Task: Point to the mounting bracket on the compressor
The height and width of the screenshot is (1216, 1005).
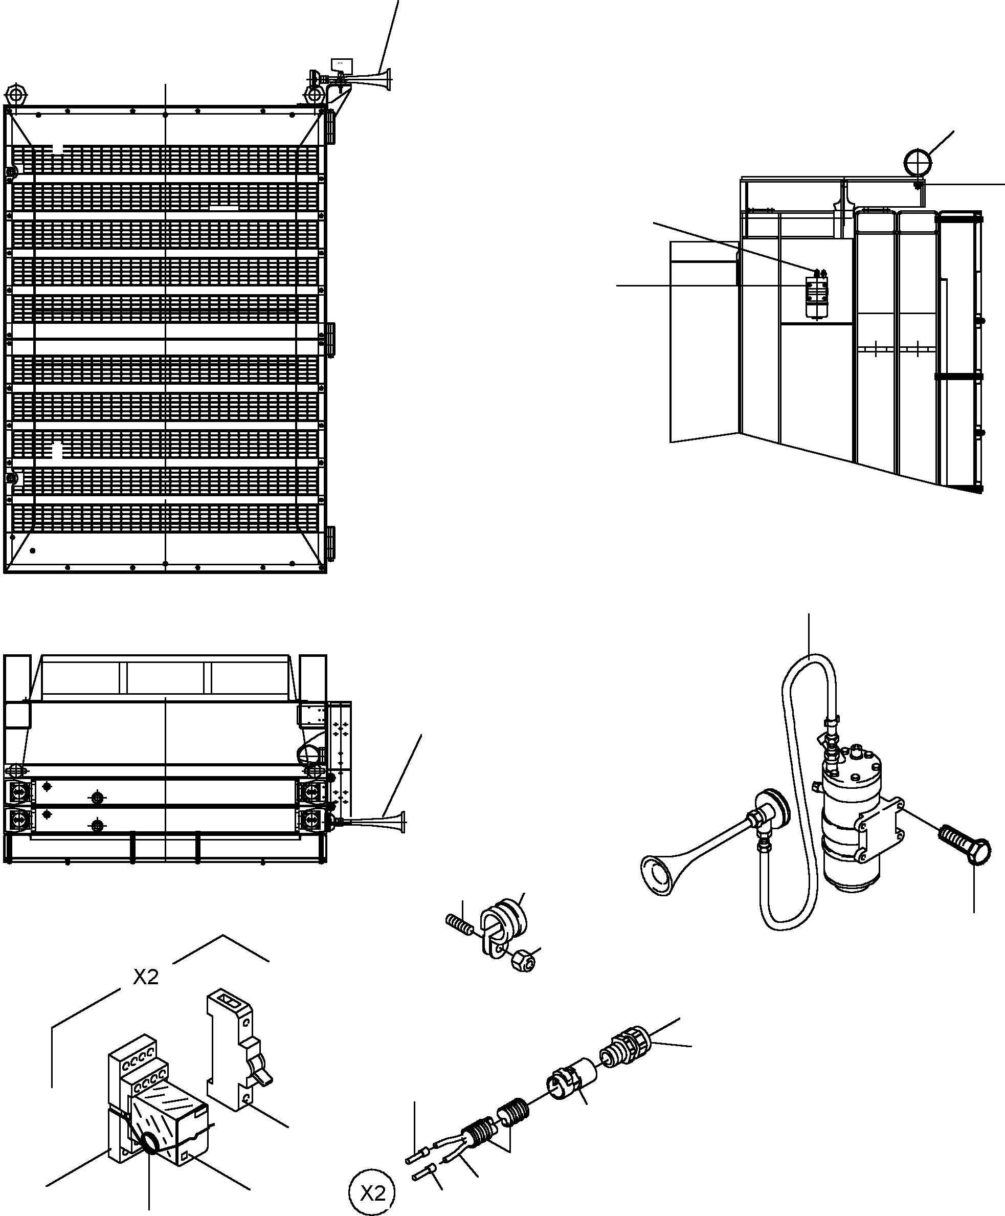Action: (881, 830)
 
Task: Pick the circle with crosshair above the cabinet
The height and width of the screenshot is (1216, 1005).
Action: (918, 163)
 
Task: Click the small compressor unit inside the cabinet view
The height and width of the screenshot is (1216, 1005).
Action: (816, 295)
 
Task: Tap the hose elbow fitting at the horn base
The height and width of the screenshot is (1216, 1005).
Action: (761, 829)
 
